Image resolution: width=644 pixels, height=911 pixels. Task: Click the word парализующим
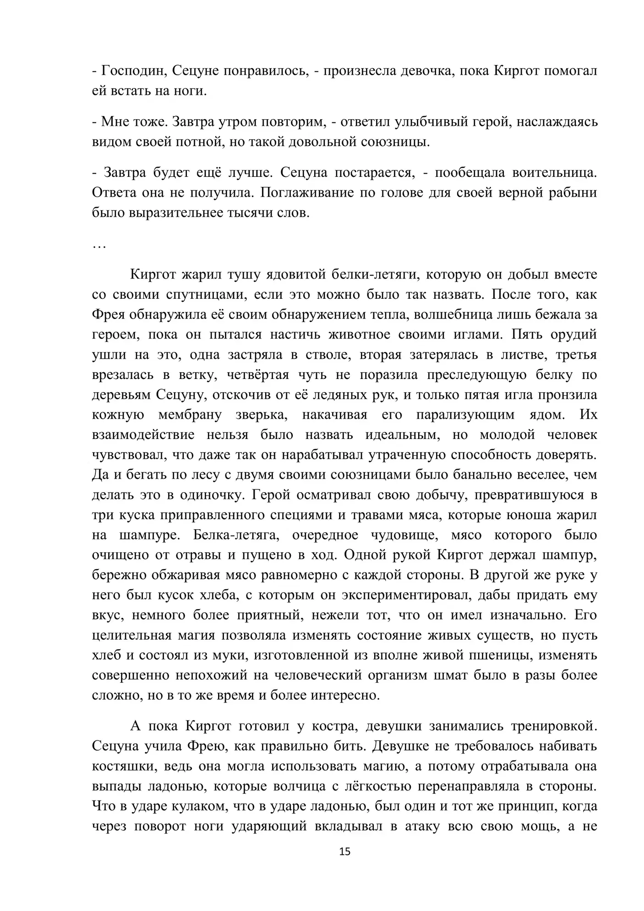point(465,415)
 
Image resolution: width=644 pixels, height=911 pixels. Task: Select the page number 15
point(345,852)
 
